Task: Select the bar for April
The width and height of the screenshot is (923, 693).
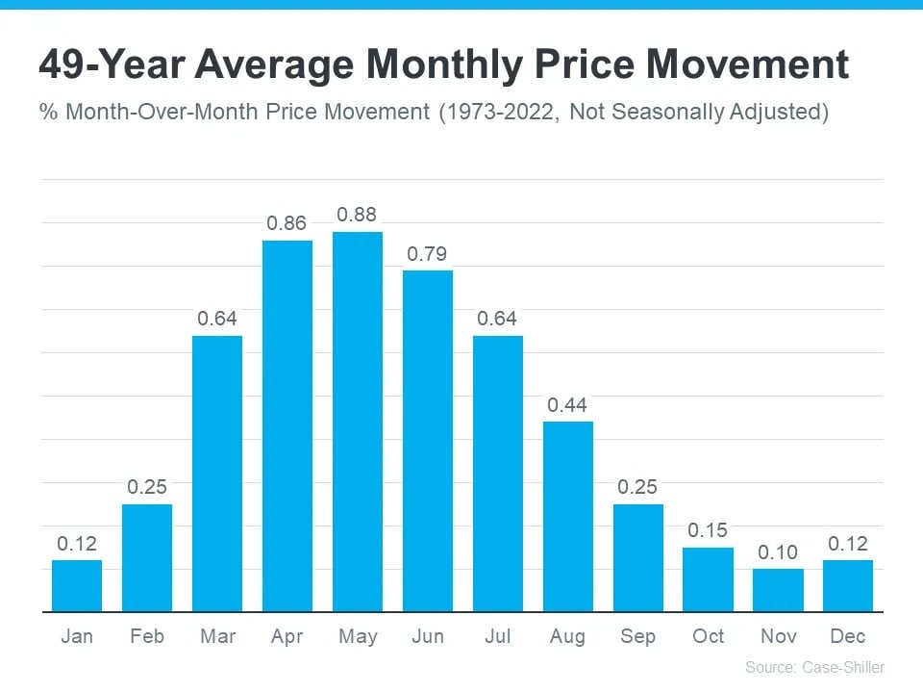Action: coord(287,425)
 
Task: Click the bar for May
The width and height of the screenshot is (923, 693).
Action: coord(358,422)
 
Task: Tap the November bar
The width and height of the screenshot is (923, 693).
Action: coord(778,590)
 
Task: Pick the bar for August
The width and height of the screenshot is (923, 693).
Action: coord(568,516)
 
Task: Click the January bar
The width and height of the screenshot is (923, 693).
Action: coord(77,585)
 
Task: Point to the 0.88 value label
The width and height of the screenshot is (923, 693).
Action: coord(358,215)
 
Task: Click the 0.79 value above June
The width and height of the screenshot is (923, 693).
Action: coord(428,254)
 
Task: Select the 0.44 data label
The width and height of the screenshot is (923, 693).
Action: coord(567,405)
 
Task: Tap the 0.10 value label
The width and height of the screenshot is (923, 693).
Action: coord(778,552)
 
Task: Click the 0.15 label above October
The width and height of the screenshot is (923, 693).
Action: coord(708,530)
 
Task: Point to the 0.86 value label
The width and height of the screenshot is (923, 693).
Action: coord(287,223)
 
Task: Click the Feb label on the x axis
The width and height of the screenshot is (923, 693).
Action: coord(147,636)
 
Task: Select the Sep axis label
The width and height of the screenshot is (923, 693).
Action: coord(637,636)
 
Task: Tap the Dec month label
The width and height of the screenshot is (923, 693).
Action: coord(848,636)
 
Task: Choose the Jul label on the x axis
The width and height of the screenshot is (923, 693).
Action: coord(498,636)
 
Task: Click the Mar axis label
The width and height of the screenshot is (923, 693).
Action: coord(217,636)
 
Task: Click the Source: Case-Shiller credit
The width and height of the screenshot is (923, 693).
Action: coord(814,667)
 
